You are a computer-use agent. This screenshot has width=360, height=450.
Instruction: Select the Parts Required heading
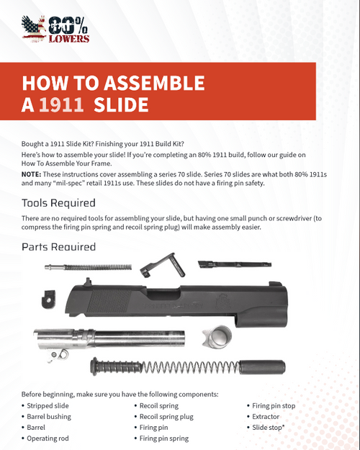(x=58, y=247)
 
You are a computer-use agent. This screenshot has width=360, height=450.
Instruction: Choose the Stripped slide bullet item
(x=50, y=405)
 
